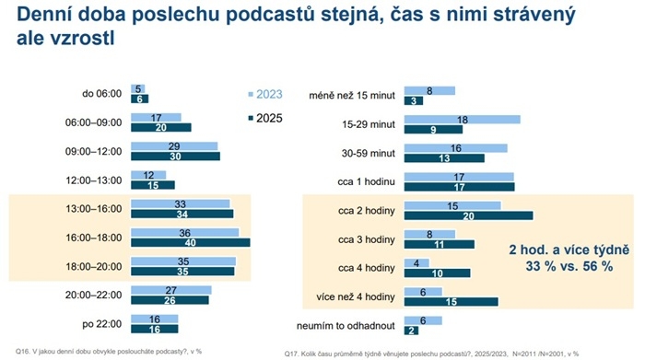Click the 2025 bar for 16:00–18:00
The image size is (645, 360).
tap(190, 243)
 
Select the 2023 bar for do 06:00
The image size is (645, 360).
tap(138, 88)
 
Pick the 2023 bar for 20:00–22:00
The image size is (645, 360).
tap(170, 290)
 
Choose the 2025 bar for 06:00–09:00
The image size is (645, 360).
tap(160, 128)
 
